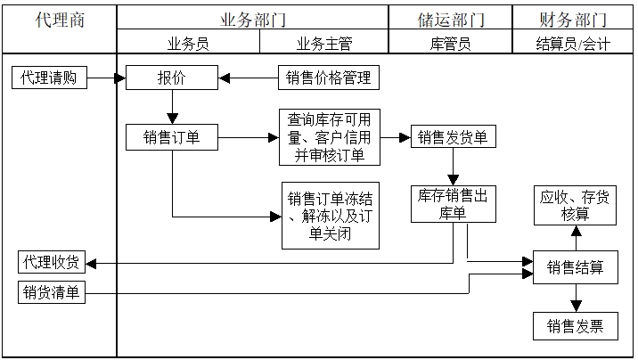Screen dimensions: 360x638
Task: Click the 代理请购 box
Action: (x=49, y=78)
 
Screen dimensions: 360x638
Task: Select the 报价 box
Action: (x=172, y=78)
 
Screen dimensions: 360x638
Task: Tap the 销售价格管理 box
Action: (x=327, y=78)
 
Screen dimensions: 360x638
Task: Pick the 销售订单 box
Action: (x=172, y=138)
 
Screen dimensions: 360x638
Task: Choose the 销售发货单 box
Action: (x=453, y=138)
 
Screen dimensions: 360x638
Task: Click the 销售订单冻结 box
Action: (x=329, y=217)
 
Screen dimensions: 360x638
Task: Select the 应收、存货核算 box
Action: (x=575, y=207)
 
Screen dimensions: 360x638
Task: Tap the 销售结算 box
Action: (x=575, y=266)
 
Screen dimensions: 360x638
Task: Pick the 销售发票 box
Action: (x=575, y=326)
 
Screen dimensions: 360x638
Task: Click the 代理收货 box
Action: (x=52, y=262)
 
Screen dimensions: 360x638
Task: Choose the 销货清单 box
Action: (x=52, y=291)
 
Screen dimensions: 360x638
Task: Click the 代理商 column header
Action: (x=60, y=20)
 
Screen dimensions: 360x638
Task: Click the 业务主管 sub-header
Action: (x=320, y=43)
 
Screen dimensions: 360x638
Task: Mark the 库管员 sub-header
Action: (x=451, y=43)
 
